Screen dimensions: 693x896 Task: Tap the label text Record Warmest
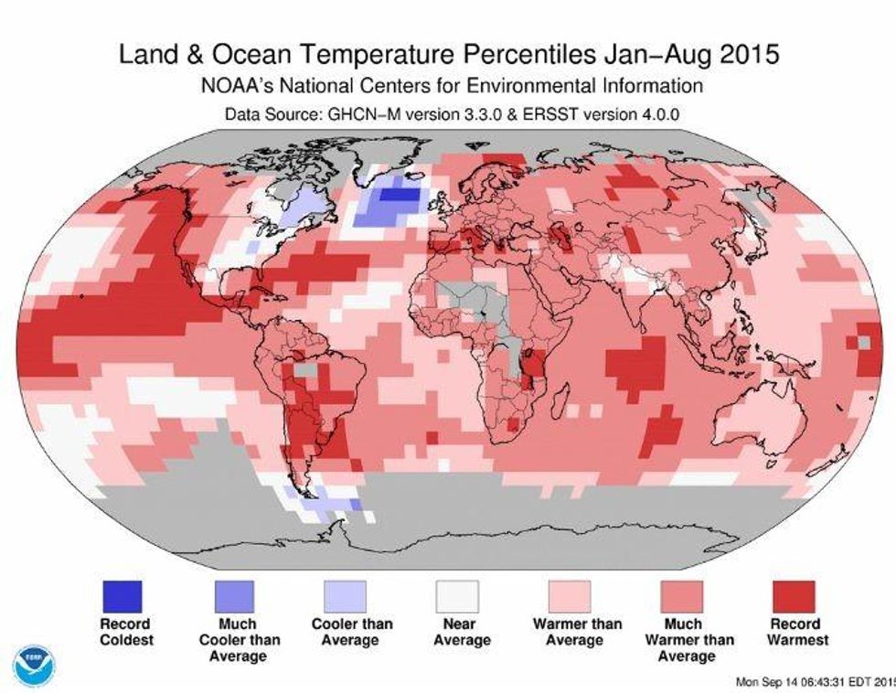pos(794,632)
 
